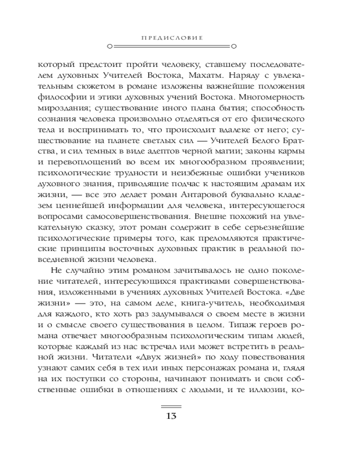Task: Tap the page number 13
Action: (171, 415)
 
